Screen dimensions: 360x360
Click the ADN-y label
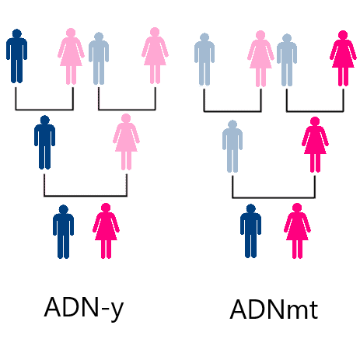point(84,308)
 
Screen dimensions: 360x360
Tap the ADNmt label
point(274,309)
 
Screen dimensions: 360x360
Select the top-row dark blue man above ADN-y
point(16,56)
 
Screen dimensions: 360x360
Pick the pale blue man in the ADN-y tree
point(99,58)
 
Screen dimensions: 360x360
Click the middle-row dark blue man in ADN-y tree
point(44,142)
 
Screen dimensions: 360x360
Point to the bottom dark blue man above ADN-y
point(63,232)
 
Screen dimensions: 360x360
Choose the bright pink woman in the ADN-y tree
point(106,231)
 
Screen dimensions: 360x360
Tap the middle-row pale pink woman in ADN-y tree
point(126,142)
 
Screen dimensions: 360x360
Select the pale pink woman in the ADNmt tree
point(260,58)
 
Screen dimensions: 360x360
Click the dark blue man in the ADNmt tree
point(250,231)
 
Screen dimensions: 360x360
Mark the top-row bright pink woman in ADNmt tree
point(343,58)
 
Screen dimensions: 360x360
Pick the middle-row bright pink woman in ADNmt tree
point(315,145)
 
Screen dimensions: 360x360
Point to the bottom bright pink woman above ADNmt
point(297,231)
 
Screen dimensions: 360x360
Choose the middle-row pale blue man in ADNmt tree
point(232,146)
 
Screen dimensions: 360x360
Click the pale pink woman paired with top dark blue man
point(71,56)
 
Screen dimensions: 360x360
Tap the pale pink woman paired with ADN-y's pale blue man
point(155,55)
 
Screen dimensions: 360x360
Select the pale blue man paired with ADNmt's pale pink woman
point(204,59)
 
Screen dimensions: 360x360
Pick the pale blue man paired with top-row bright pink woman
point(287,60)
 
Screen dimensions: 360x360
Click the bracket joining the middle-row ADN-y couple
point(86,196)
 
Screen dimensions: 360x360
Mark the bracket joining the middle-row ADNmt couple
point(274,197)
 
